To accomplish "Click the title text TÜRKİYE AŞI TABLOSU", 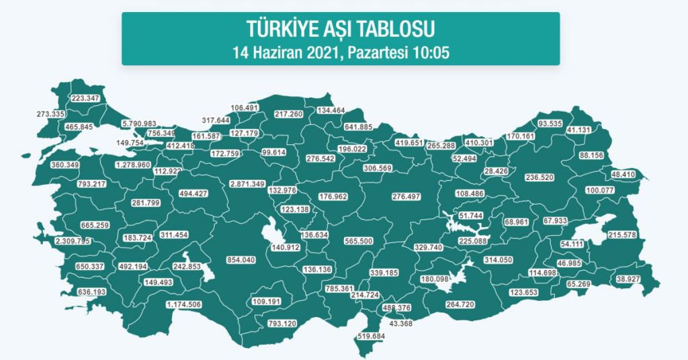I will pyautogui.click(x=340, y=29).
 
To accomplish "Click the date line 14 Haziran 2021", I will pyautogui.click(x=340, y=52).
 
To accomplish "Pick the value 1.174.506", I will pyautogui.click(x=183, y=305).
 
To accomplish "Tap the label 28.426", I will pyautogui.click(x=497, y=171).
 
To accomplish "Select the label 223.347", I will pyautogui.click(x=85, y=99).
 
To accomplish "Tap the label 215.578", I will pyautogui.click(x=621, y=234).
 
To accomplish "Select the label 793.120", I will pyautogui.click(x=282, y=324).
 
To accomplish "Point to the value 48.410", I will pyautogui.click(x=624, y=175).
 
